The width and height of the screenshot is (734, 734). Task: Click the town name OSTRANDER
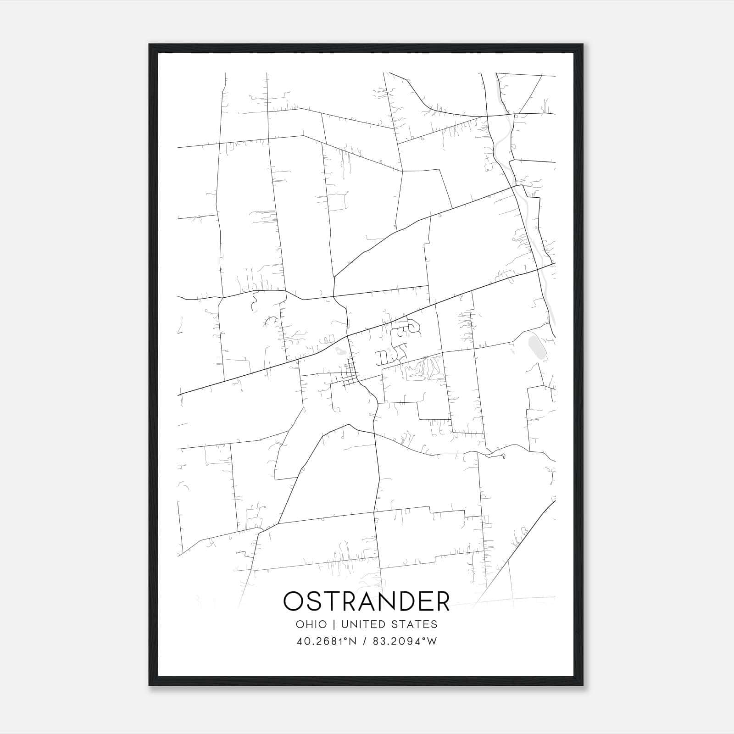pyautogui.click(x=367, y=601)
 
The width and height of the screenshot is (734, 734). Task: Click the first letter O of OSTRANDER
pyautogui.click(x=294, y=601)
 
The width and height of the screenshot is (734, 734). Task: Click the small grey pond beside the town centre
pyautogui.click(x=340, y=352)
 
